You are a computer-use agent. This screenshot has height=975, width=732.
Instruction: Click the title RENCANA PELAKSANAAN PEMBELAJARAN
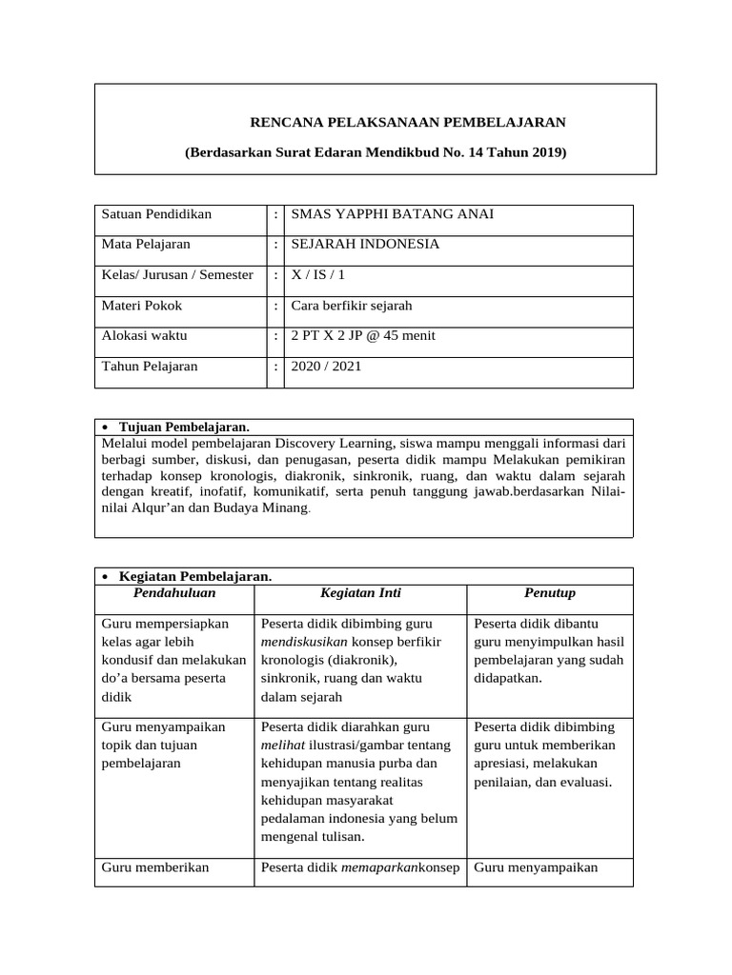coord(407,122)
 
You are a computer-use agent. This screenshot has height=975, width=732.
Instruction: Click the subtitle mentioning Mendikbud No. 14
coord(375,152)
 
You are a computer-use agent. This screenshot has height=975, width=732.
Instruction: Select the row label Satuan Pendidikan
coord(156,214)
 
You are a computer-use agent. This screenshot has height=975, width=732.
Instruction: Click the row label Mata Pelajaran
coord(146,245)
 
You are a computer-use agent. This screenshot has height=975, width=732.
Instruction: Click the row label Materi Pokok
coord(141,306)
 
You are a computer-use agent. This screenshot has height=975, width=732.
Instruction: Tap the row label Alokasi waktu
coord(144,336)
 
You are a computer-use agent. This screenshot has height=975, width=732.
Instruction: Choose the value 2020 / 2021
coord(326,367)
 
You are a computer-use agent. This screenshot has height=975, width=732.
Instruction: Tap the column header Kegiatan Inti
coord(359,593)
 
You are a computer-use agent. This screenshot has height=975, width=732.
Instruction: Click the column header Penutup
coord(550,593)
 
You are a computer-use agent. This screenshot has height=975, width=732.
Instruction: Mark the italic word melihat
coord(283,746)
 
